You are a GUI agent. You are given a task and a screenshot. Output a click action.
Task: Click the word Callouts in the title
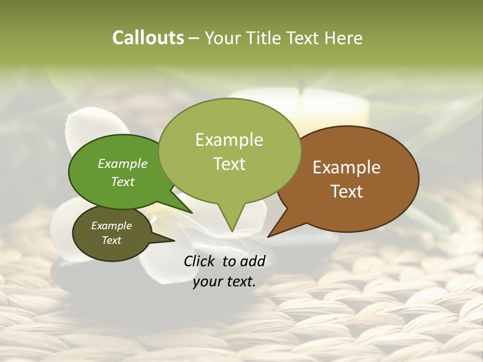(148, 38)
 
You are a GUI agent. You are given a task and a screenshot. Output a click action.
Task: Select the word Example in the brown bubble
(347, 167)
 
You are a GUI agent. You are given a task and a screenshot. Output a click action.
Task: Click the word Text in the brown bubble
(347, 192)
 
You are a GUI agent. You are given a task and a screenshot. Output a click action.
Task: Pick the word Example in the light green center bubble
(229, 140)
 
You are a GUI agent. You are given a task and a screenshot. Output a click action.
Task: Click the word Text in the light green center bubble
(229, 164)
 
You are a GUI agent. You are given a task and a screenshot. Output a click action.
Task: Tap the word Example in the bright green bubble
(122, 163)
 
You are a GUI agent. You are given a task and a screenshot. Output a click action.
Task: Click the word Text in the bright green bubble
(122, 182)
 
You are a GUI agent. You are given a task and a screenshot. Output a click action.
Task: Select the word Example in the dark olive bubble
(111, 226)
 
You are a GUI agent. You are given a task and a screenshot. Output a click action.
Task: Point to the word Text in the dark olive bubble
(111, 240)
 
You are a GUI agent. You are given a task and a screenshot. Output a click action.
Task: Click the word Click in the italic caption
(200, 261)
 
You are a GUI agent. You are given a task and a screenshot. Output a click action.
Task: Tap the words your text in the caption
(224, 282)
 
